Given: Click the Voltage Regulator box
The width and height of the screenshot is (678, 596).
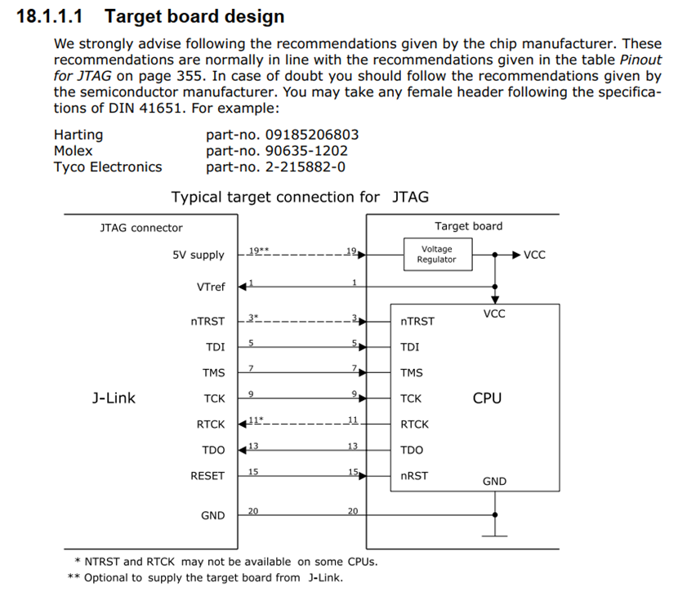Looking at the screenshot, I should tap(436, 255).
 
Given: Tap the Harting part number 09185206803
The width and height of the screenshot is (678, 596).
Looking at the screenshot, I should tap(311, 135).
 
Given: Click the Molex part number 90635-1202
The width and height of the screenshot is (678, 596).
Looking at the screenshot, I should tap(306, 151).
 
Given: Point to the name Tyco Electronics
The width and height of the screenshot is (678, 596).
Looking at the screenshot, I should tap(108, 167).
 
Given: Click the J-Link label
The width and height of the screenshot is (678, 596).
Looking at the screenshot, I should tap(114, 398).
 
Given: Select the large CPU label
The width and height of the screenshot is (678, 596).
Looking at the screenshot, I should tap(487, 398).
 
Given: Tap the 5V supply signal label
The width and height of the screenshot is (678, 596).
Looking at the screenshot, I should tap(198, 255).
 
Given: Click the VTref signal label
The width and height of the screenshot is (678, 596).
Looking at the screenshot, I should tap(210, 287).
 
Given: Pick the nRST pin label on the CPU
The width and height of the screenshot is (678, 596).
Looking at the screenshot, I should tap(414, 476).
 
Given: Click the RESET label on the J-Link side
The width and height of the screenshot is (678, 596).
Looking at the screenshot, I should tap(207, 476).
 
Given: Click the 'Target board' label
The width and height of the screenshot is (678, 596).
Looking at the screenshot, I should tap(468, 226).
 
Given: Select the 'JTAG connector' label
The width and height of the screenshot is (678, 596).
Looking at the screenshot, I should tap(141, 228).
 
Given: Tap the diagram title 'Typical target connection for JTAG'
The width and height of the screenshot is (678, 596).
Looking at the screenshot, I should tap(299, 197).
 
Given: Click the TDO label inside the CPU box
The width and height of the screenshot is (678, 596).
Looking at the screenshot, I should tap(412, 450).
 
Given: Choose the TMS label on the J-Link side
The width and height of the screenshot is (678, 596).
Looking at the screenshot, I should tap(213, 373).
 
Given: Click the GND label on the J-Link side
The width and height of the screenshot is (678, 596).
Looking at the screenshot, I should tap(212, 516).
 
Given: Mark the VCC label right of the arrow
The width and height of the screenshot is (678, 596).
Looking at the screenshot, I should tap(534, 255).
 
